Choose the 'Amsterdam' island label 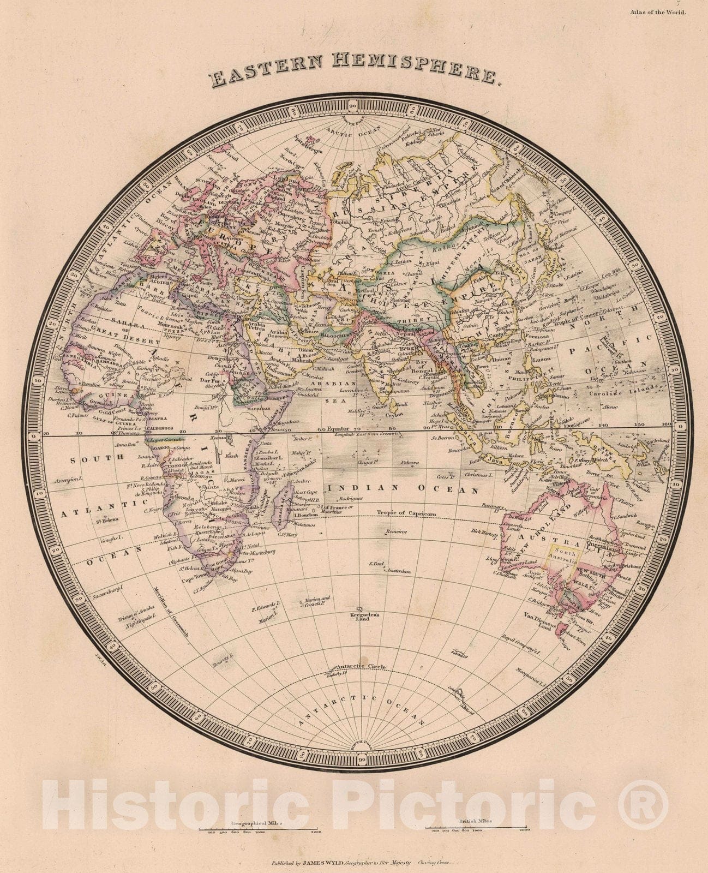[x=398, y=571]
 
